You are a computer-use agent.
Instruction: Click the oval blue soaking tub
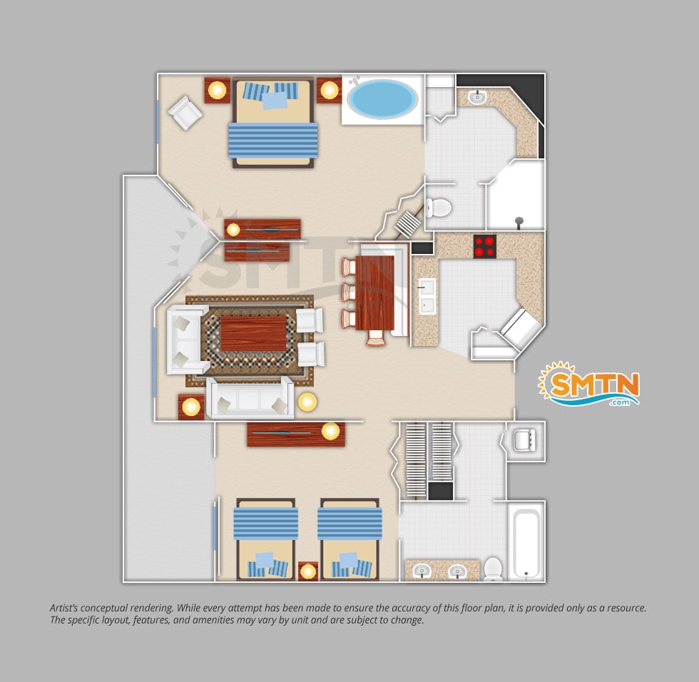tap(382, 99)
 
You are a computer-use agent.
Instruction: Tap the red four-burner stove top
tap(484, 247)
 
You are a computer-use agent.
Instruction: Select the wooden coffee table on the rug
tap(254, 334)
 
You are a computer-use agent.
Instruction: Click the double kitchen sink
tap(427, 295)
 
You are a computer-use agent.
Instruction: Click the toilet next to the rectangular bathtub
tap(493, 569)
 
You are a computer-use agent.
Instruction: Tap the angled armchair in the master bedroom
tap(185, 113)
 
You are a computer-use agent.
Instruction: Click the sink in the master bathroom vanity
tap(477, 96)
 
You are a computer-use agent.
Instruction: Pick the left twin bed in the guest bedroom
tap(265, 539)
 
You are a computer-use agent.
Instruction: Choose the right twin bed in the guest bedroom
tap(349, 539)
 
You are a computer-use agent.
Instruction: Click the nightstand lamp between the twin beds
tap(307, 571)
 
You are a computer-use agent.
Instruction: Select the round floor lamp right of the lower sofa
tap(307, 402)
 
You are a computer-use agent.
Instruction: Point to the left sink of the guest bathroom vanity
tap(422, 571)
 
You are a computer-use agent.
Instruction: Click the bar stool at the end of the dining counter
tap(376, 337)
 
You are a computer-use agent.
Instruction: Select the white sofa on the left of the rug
tap(187, 340)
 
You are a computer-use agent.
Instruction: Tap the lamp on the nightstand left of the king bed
tap(217, 91)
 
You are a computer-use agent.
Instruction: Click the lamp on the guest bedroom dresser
tap(330, 432)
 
